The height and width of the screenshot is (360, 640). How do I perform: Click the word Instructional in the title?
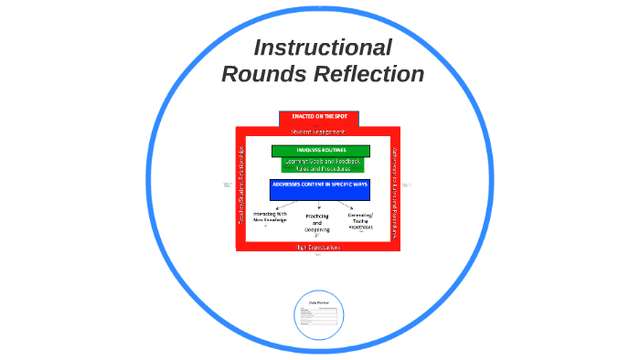[x=323, y=48]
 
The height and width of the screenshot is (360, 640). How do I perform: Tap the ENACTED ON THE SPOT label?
[x=318, y=117]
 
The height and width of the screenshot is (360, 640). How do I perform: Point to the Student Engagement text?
[x=318, y=132]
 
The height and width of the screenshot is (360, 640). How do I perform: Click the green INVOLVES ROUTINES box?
[x=321, y=151]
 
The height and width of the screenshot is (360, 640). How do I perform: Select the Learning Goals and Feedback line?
[x=323, y=161]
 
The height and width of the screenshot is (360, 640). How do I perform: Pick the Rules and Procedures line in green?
[x=323, y=168]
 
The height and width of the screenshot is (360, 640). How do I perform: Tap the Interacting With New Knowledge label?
[x=270, y=217]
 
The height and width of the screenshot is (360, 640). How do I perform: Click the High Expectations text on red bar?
[x=318, y=247]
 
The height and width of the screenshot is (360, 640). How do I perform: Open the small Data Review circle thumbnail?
[x=319, y=315]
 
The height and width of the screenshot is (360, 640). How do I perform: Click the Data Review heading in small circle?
[x=319, y=300]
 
